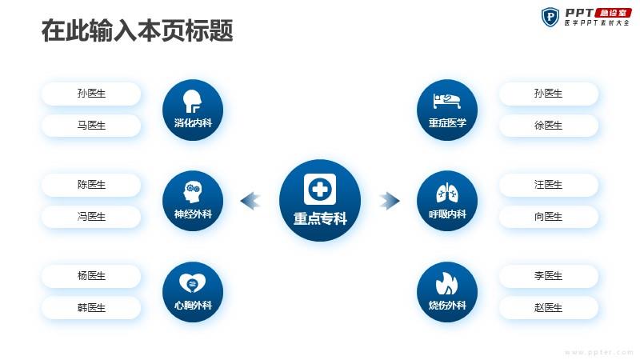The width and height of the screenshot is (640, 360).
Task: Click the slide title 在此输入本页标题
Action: click(137, 30)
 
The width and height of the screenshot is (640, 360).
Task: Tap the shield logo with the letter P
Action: click(550, 17)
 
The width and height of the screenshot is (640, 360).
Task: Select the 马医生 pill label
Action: click(91, 126)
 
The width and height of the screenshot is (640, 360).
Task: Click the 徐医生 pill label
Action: click(549, 126)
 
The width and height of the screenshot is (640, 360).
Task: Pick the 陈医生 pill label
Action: click(91, 185)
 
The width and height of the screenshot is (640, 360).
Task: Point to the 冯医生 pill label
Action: click(91, 216)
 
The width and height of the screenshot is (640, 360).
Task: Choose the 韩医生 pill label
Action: click(91, 307)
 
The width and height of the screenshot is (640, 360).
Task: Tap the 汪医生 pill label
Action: click(549, 185)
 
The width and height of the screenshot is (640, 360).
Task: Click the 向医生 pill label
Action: click(549, 216)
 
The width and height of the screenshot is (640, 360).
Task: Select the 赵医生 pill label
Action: click(549, 307)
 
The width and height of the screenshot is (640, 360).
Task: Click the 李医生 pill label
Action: click(549, 275)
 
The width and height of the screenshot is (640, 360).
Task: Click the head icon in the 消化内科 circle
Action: click(192, 102)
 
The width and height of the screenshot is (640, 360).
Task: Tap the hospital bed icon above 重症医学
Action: click(447, 101)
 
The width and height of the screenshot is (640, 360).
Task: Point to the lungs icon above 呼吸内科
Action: click(447, 193)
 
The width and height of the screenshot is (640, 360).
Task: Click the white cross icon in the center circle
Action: click(320, 189)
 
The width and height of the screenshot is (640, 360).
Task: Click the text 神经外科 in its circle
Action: click(193, 214)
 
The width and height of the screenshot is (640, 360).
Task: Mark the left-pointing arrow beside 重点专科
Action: click(250, 201)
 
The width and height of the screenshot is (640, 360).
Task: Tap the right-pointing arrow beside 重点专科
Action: click(390, 201)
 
